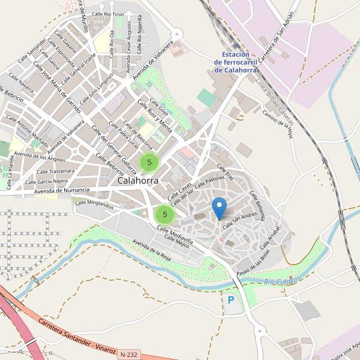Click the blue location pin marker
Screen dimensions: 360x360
tap(220, 208)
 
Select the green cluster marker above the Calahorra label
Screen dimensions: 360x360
tap(149, 162)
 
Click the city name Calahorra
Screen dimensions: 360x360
tap(139, 180)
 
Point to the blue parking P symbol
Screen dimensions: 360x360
tap(231, 299)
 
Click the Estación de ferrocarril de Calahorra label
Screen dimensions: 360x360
tap(236, 62)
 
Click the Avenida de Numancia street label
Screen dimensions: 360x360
tap(62, 191)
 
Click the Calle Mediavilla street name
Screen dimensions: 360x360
tap(175, 235)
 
